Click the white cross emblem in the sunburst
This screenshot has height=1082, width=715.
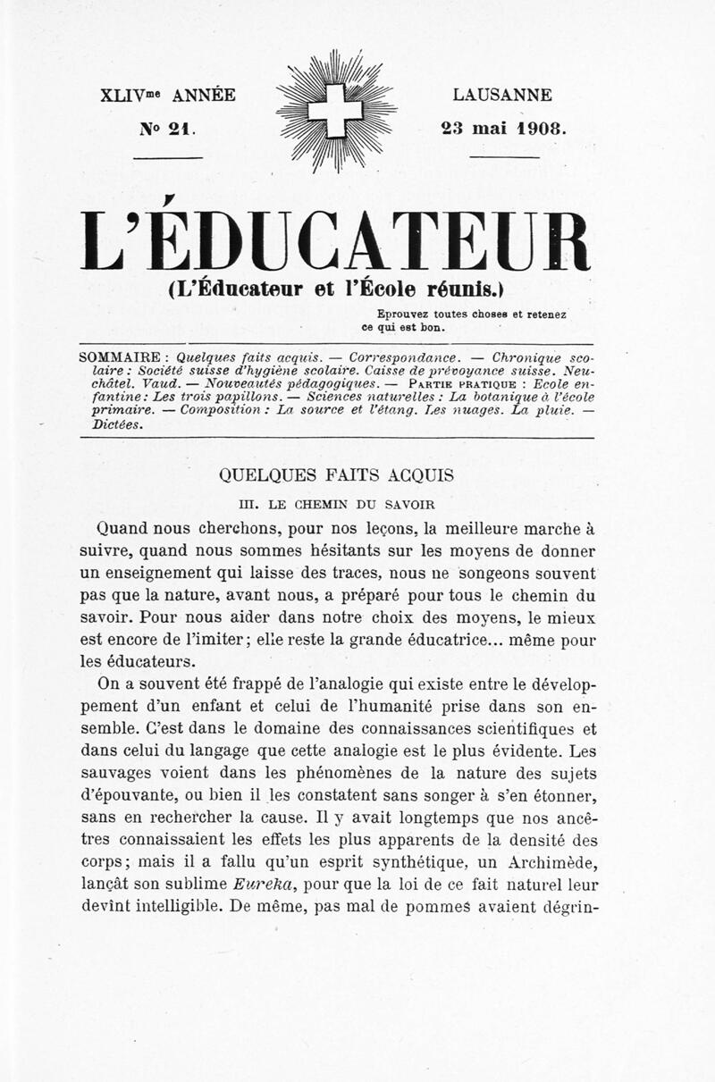(x=335, y=111)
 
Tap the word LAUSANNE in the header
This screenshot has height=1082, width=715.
(x=502, y=95)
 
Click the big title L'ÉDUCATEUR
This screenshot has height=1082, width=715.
(x=335, y=241)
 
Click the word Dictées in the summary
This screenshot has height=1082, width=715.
(x=117, y=424)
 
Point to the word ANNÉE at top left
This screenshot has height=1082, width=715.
(x=204, y=95)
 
